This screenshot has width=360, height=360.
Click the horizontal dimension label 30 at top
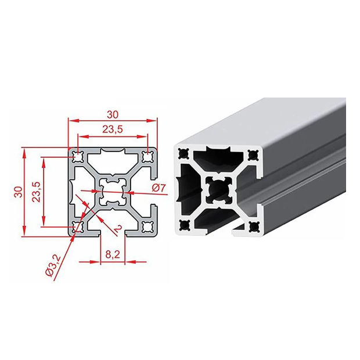[113, 114]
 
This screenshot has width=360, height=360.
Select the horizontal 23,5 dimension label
[113, 129]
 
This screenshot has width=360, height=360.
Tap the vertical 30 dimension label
[19, 192]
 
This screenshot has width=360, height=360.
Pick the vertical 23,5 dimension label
[36, 192]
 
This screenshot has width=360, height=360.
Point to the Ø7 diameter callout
[159, 188]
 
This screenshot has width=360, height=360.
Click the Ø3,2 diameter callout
[53, 265]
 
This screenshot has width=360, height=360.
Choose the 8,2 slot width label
[113, 254]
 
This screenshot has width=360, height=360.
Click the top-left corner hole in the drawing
[78, 157]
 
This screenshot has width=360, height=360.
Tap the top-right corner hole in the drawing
[147, 157]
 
